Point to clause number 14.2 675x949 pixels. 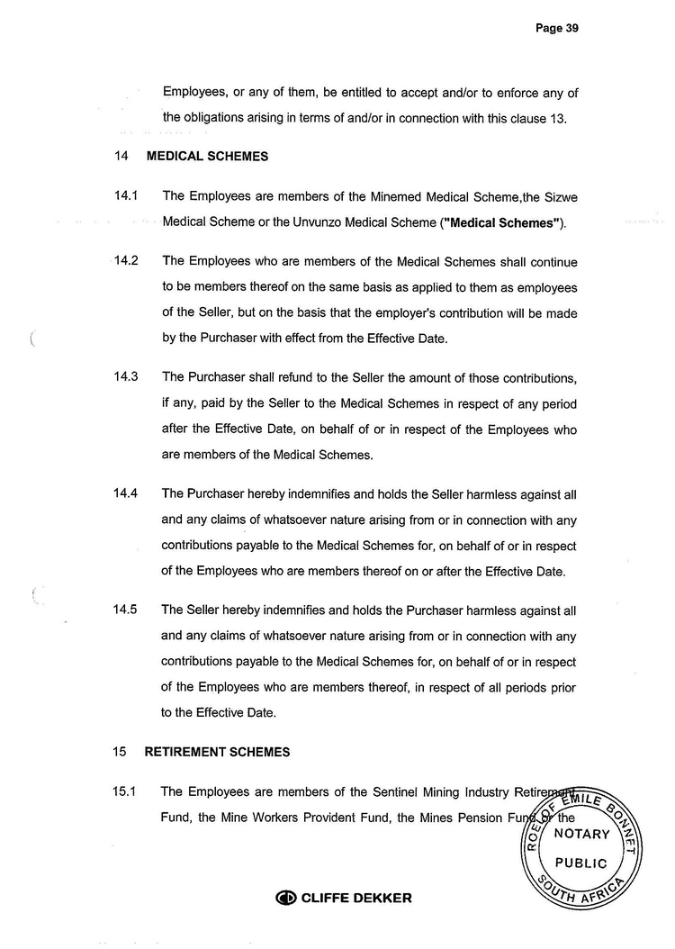[x=125, y=262]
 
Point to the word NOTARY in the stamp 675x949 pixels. [x=582, y=834]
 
